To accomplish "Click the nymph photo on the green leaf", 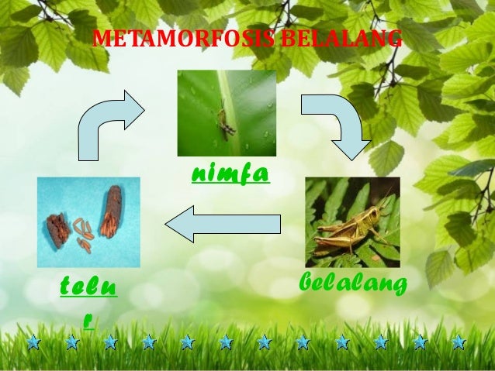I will coord(227,113).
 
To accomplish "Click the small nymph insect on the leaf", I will coord(226,122).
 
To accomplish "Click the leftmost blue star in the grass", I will coord(33,342).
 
